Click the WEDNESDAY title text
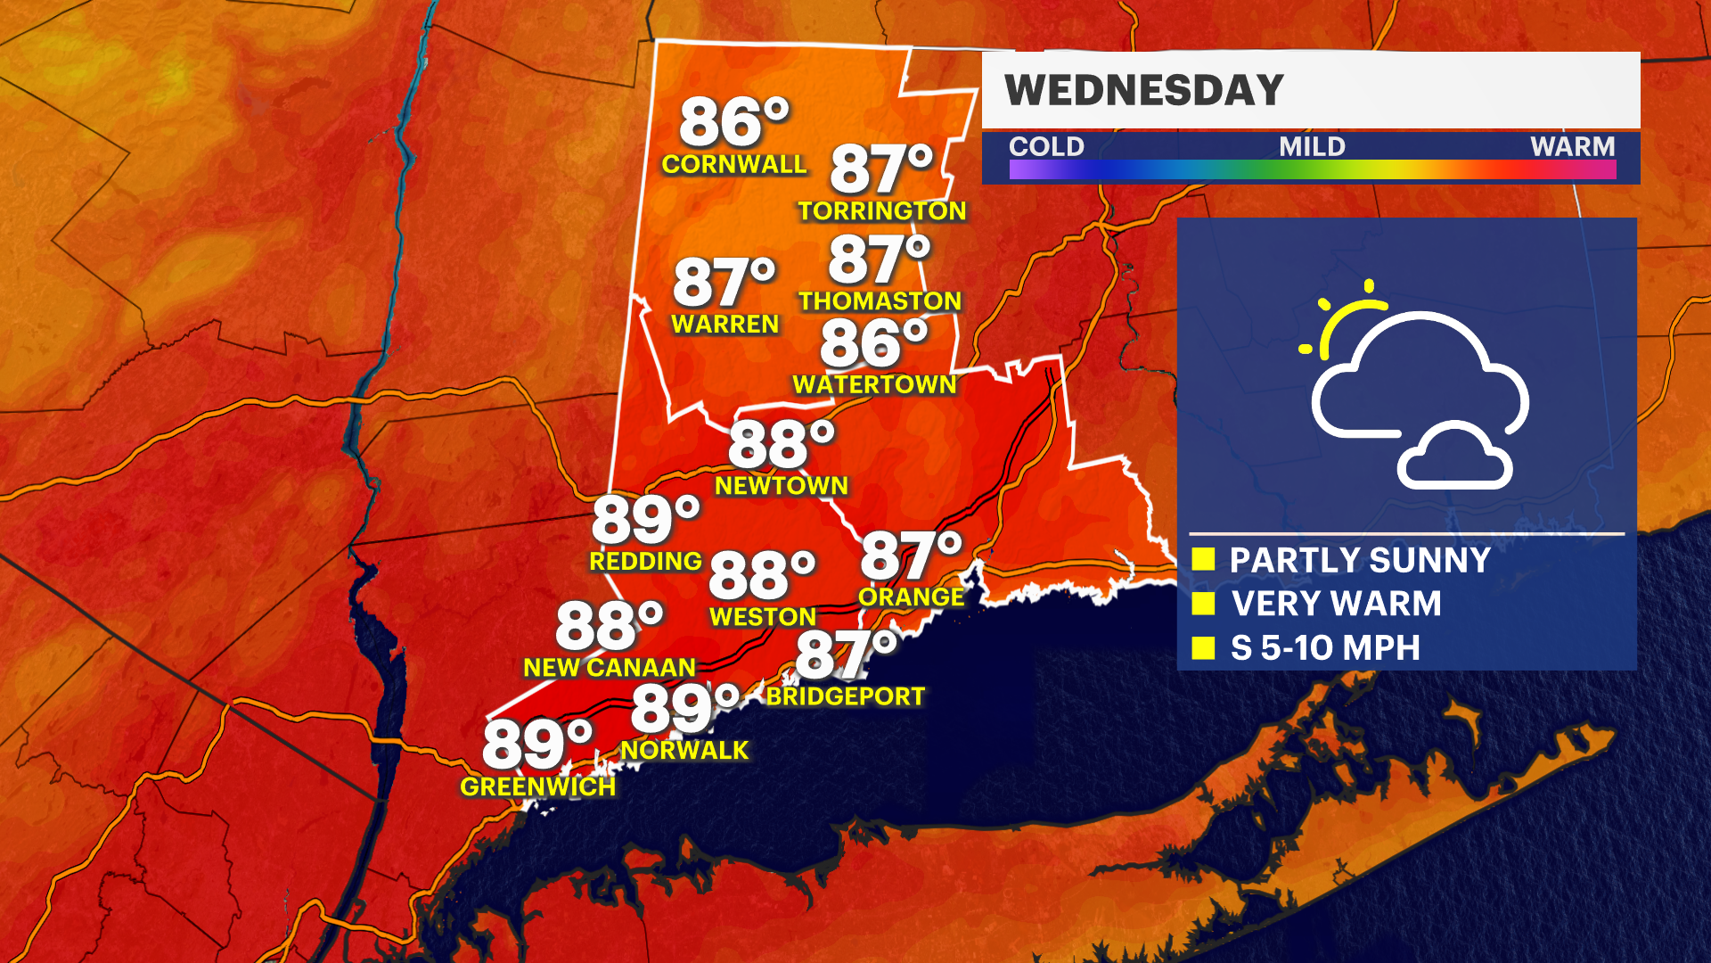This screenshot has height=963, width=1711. [1143, 90]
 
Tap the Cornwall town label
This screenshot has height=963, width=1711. [733, 164]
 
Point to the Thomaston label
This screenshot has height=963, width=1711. [880, 301]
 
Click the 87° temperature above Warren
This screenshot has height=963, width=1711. [724, 282]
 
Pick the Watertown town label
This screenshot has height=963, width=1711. [874, 384]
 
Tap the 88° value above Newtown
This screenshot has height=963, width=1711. [781, 444]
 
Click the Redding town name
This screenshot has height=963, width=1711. [645, 561]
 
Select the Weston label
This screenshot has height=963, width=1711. [763, 616]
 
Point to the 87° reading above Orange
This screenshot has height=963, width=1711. [911, 556]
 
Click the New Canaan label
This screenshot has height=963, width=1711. [610, 667]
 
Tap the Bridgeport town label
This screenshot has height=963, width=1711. [846, 695]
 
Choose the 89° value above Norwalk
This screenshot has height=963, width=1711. [684, 709]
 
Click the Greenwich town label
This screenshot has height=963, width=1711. [537, 786]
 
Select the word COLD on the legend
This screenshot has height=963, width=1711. [1046, 146]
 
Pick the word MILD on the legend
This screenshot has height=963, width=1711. [1312, 146]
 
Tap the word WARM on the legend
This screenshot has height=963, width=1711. [1572, 146]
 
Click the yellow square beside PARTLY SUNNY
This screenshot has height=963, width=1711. [1203, 559]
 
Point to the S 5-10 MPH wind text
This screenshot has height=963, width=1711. [1325, 647]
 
